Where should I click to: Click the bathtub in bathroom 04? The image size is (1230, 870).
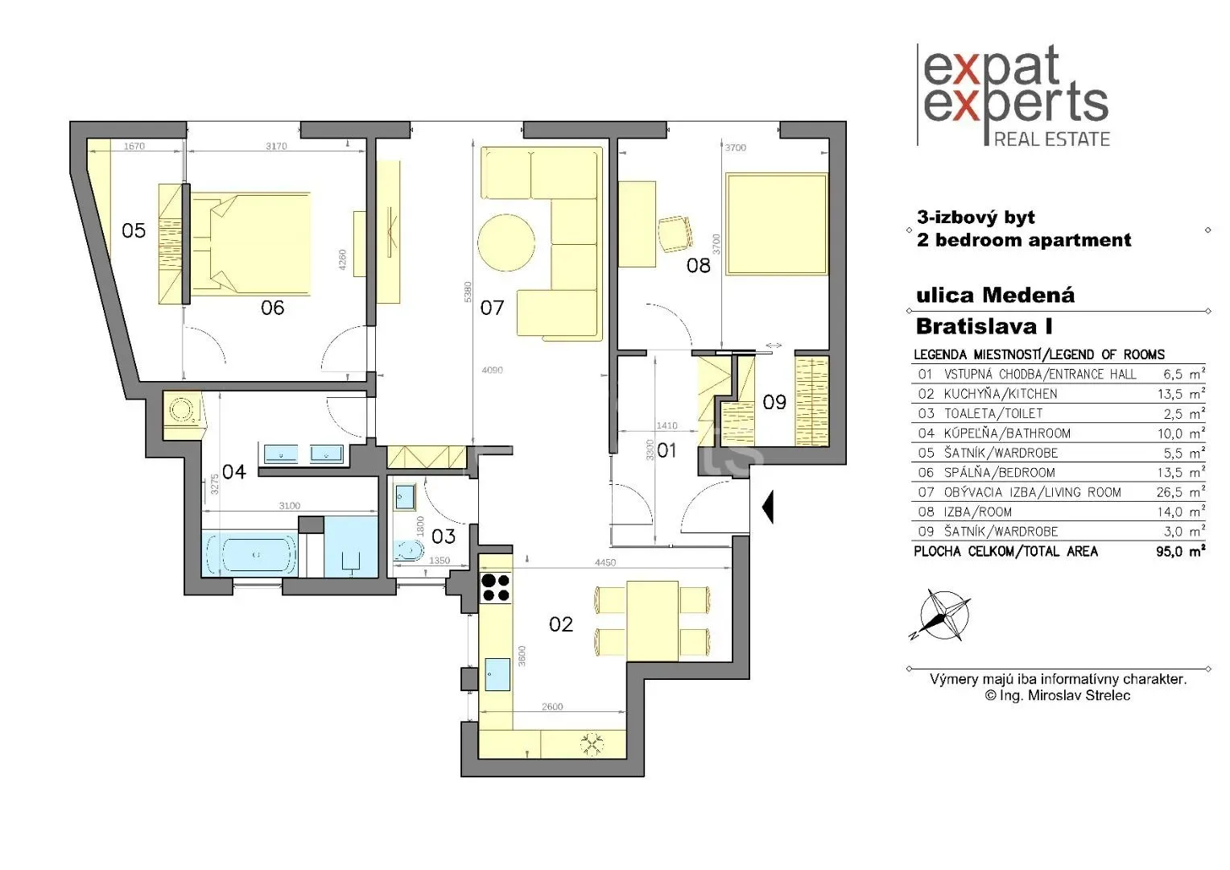click(250, 554)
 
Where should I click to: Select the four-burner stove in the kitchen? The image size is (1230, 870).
click(495, 587)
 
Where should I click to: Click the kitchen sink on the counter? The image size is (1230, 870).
click(497, 673)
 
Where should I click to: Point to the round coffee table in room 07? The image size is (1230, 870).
click(506, 242)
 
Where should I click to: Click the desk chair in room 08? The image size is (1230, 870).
click(675, 234)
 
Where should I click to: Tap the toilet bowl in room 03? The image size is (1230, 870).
click(408, 551)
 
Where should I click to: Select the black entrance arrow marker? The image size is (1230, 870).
click(768, 507)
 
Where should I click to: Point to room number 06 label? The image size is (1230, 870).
click(272, 308)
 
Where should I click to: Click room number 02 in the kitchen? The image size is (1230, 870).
click(560, 624)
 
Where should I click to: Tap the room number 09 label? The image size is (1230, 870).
click(774, 402)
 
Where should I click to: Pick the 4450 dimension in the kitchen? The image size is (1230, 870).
click(605, 562)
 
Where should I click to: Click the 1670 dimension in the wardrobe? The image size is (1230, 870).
click(134, 146)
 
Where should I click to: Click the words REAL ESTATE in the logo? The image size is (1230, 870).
click(1051, 139)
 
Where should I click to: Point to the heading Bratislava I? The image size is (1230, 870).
click(984, 326)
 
